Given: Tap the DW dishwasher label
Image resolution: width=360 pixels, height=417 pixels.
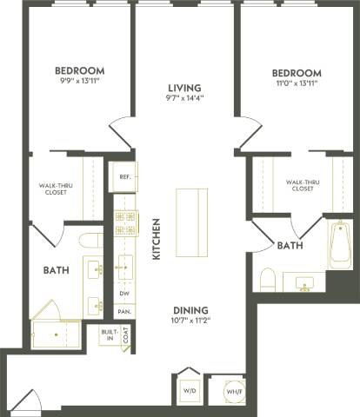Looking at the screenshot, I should pos(124,294).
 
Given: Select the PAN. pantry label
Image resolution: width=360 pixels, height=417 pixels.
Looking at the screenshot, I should pos(124,311).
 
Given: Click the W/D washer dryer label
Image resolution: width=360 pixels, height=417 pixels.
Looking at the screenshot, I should pos(190,392).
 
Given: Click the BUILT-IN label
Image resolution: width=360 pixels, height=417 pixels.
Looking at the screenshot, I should pos(109,334).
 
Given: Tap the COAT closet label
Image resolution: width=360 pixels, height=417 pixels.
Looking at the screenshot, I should pos(127,334).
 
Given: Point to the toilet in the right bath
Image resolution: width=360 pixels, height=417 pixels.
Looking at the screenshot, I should pos(269,279).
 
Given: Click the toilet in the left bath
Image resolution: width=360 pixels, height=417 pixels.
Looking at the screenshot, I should pos(90,241).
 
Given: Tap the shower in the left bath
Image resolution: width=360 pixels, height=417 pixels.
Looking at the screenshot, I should pos(54,334).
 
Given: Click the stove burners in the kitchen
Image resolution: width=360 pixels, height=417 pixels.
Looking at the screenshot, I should pos(125,223).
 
